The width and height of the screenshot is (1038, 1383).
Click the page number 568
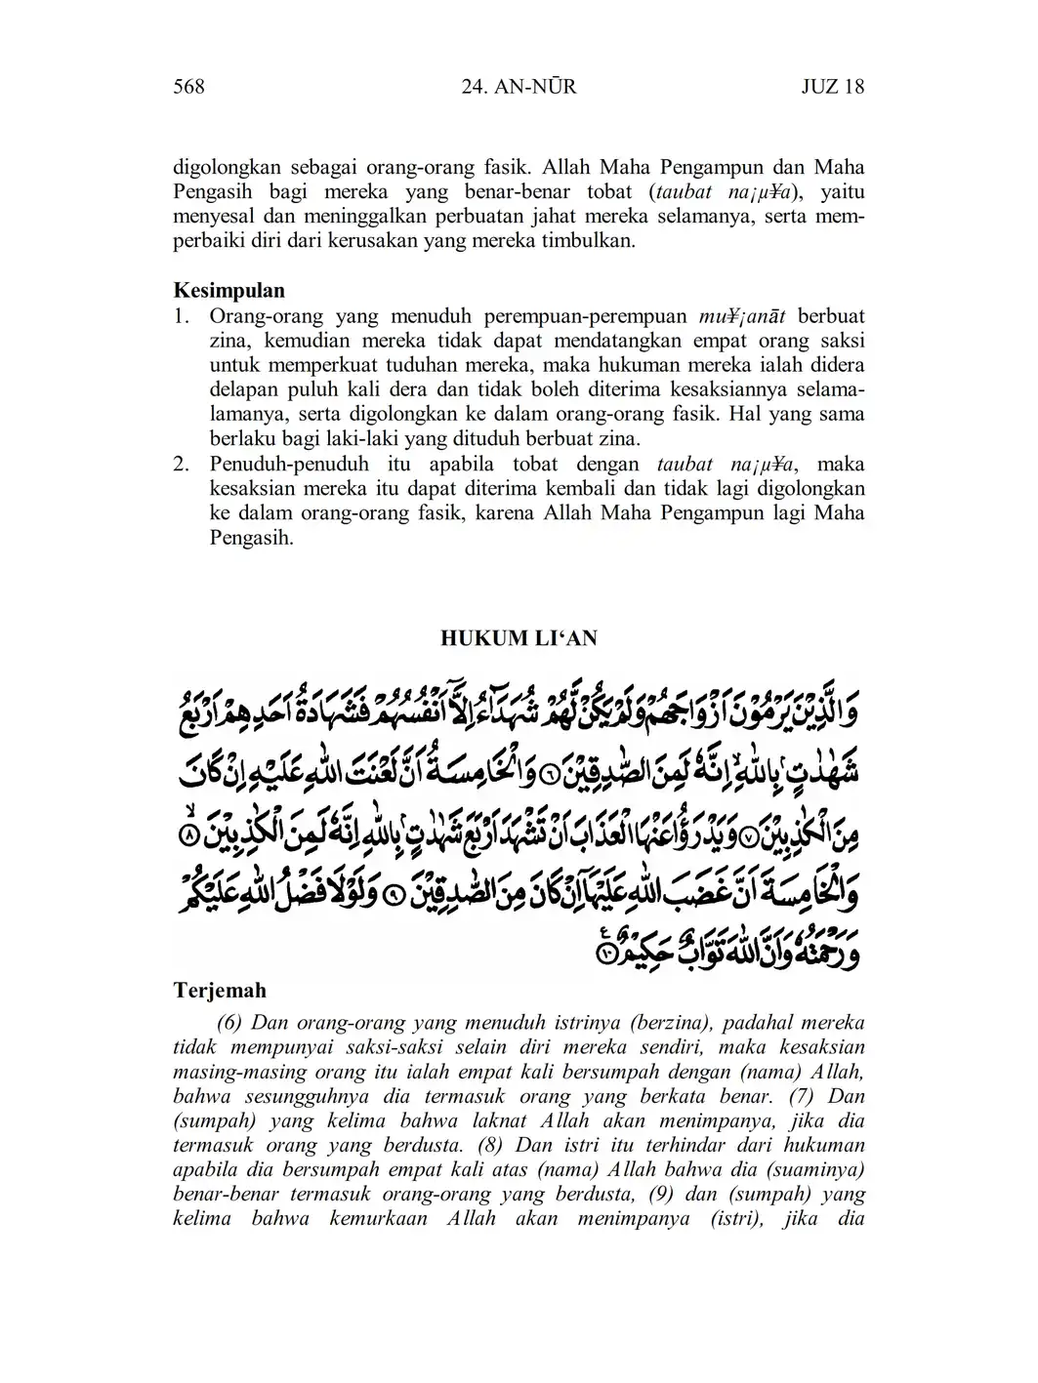pos(188,87)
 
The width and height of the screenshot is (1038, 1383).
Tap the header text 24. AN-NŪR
pos(518,87)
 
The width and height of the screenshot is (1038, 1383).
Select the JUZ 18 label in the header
pos(832,87)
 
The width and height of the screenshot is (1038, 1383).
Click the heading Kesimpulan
pos(229,290)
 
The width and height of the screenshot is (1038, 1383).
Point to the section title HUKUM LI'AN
pos(519,638)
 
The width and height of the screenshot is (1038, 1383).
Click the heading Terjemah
pos(220,991)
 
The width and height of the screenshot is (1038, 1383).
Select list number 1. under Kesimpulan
pos(181,316)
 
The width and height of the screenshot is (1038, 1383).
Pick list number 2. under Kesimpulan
pos(181,464)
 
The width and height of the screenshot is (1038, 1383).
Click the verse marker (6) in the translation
pos(229,1023)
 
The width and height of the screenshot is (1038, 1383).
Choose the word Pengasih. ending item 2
pos(251,538)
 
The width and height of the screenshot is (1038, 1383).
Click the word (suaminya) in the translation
pos(816,1169)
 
